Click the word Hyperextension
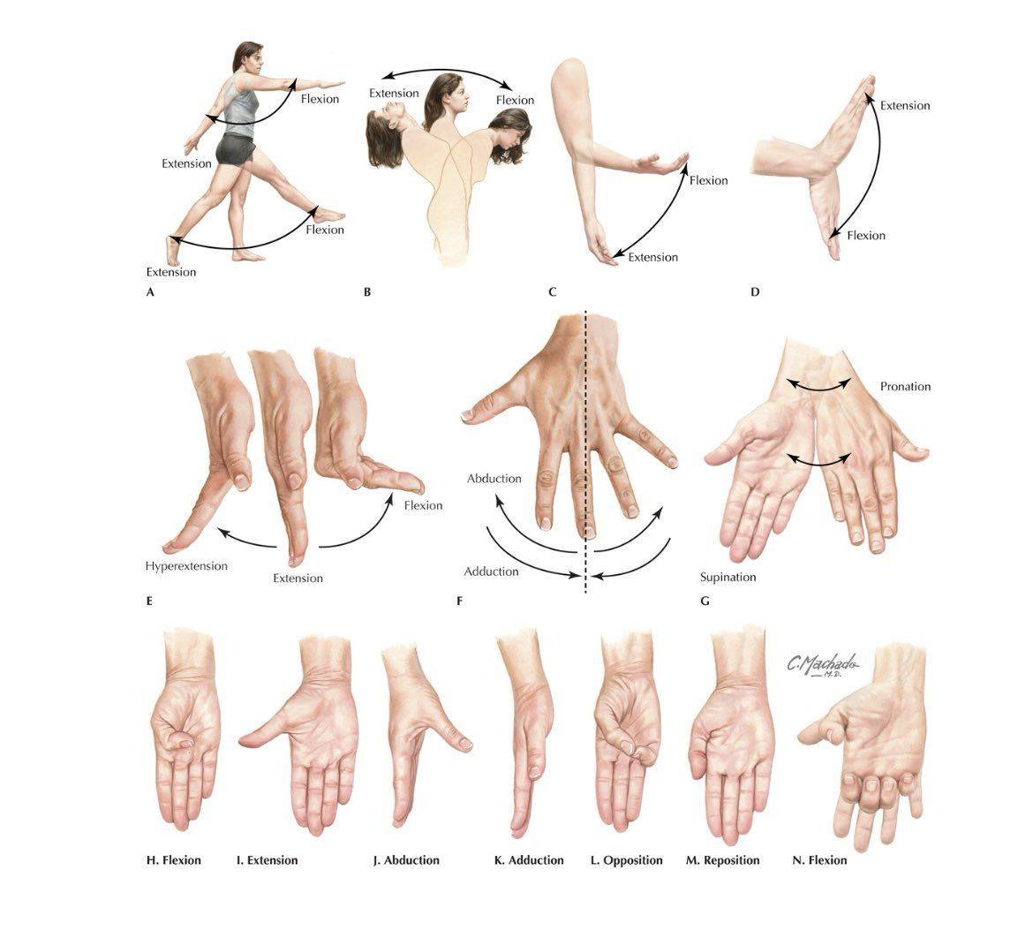186,565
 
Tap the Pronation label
905,386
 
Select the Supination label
728,577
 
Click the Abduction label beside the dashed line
494,479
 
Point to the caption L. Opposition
627,860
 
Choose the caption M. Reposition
723,860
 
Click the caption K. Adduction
529,860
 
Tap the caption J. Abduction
406,860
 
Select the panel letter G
705,601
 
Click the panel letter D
755,292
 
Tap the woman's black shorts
235,149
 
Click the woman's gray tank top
240,105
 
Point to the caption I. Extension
267,860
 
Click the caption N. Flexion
819,860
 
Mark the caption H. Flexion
173,860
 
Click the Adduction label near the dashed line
491,571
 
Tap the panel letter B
367,292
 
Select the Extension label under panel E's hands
298,579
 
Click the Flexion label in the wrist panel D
866,235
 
